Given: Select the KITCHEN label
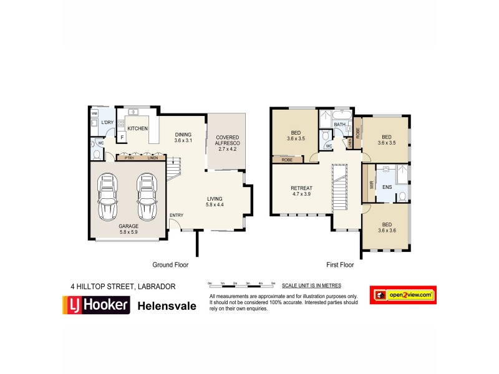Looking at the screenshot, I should coord(138,128).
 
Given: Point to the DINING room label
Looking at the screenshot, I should coord(183,137).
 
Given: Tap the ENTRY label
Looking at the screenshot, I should coord(177,216).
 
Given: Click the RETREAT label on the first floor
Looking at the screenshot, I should coord(301,191).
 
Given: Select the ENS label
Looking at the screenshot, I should coord(387,186).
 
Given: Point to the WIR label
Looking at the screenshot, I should coord(371,185).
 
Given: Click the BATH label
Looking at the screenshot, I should coord(339,125).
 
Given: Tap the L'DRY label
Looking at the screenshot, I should coord(107,123).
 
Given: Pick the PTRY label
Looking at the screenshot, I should coord(129,158).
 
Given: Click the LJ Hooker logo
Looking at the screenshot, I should coord(95,305).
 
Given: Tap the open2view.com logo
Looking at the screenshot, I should coord(403,295).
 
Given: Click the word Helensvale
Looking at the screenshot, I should coord(167,306).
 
